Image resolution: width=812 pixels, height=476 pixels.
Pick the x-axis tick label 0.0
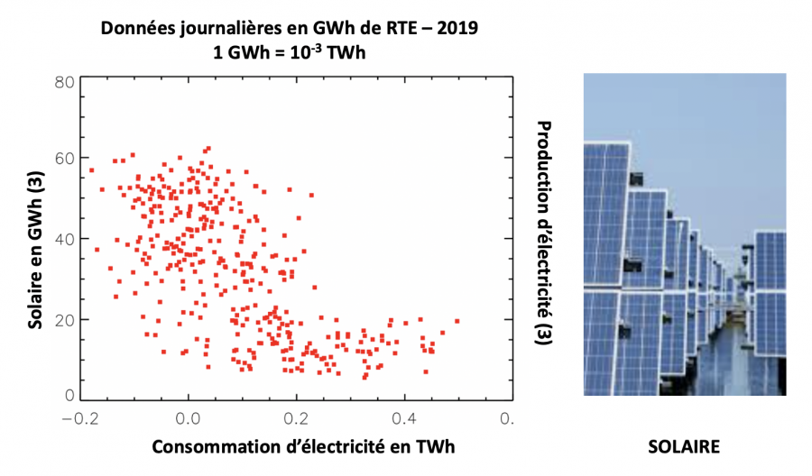point(188,418)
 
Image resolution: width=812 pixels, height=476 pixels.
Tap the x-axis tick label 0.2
point(296,418)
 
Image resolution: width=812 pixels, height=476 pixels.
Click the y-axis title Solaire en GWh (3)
point(34,240)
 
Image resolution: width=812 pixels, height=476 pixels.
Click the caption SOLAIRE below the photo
point(684,448)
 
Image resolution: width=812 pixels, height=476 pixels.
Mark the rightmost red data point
point(457,320)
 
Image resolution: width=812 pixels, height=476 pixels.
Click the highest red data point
point(208,149)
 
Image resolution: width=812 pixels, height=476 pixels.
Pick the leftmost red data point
point(91,169)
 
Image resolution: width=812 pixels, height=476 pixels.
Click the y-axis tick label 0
point(69,395)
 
